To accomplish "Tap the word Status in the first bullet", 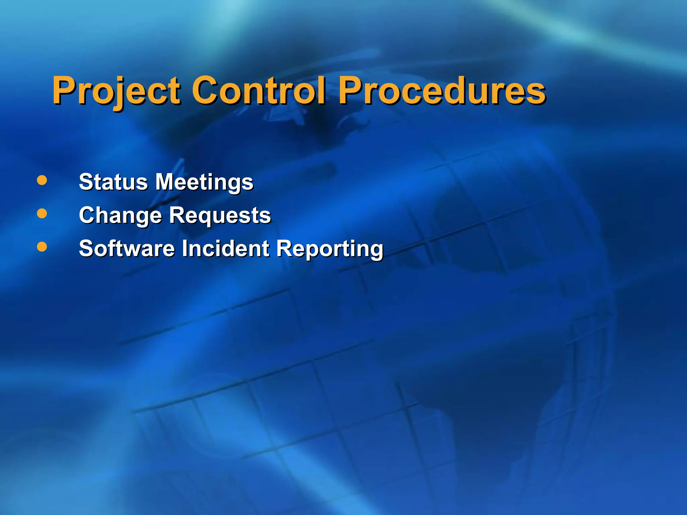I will pyautogui.click(x=113, y=182).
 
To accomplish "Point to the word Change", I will pyautogui.click(x=120, y=216).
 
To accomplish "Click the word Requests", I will pyautogui.click(x=220, y=216).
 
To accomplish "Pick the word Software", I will pyautogui.click(x=127, y=248).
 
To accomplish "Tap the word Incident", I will pyautogui.click(x=225, y=248).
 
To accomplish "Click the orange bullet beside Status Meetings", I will pyautogui.click(x=42, y=180).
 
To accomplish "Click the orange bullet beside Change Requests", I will pyautogui.click(x=42, y=214).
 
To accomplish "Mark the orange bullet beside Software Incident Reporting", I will pyautogui.click(x=42, y=247).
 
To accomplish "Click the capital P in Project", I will pyautogui.click(x=64, y=90).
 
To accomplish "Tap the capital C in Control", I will pyautogui.click(x=205, y=90).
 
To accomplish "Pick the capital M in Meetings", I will pyautogui.click(x=167, y=182).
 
